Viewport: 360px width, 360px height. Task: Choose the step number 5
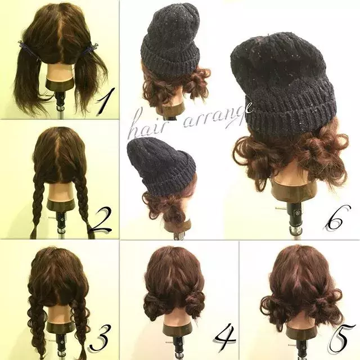(340, 340)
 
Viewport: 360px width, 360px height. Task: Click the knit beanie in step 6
(285, 83)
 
